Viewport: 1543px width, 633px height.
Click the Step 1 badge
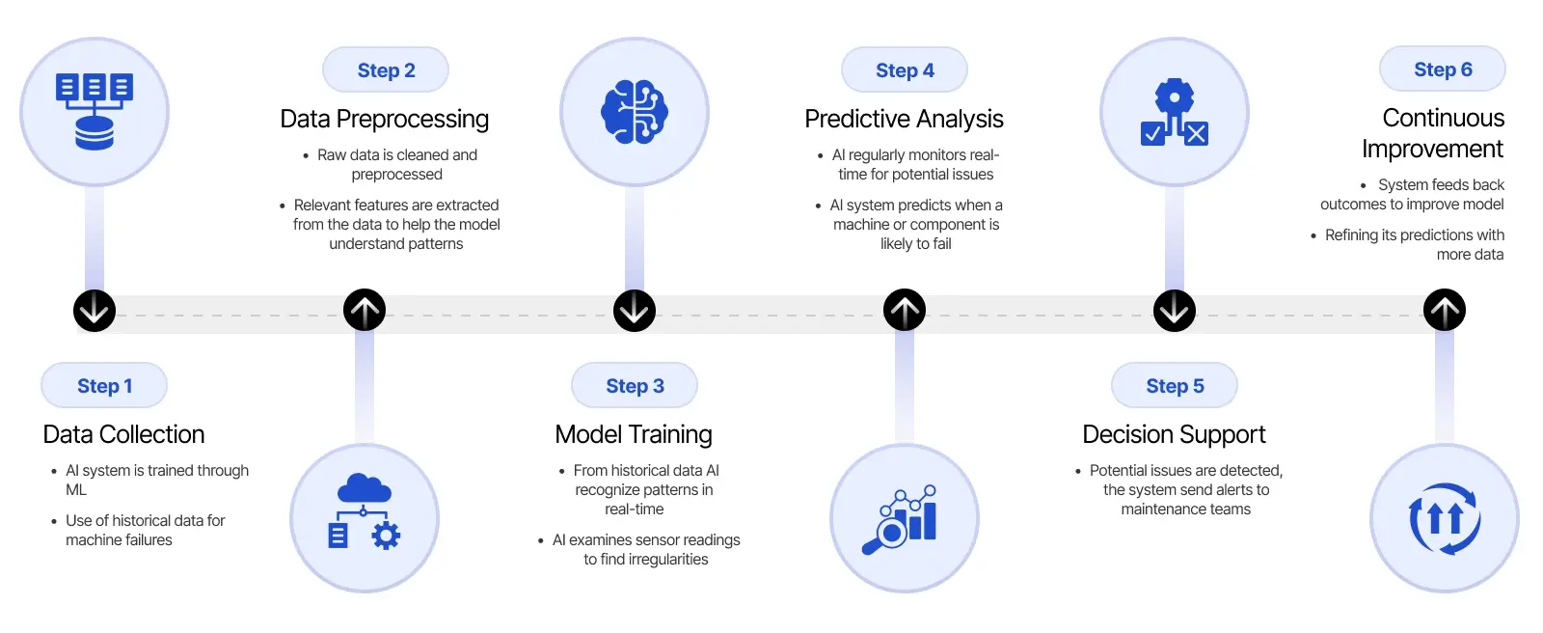104,386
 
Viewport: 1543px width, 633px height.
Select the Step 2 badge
386,70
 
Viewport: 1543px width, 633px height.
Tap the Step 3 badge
635,386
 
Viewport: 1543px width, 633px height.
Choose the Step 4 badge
905,70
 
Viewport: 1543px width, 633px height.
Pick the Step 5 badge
1175,386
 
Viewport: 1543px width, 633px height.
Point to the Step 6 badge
1443,69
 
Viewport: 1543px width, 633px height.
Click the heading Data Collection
123,434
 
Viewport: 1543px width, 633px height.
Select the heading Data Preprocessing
384,119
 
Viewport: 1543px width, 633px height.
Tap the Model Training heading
634,434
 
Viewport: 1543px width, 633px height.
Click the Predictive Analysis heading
904,119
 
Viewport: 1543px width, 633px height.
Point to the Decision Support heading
1174,434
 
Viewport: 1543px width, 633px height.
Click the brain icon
635,112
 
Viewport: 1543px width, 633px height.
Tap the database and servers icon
95,112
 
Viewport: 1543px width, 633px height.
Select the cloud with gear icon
365,512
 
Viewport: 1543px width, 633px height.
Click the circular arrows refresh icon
1445,518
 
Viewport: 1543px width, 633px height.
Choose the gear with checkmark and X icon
1175,112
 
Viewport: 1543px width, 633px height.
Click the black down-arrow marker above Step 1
95,311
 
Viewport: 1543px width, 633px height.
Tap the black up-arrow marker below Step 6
1445,311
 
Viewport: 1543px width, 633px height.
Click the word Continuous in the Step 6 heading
1443,118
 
